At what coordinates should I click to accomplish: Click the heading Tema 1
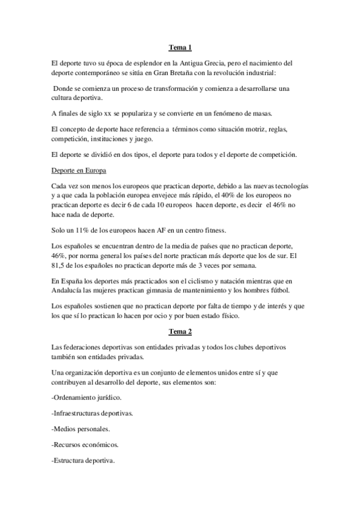180,48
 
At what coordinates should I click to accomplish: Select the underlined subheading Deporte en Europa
79,171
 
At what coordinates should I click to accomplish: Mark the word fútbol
294,290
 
